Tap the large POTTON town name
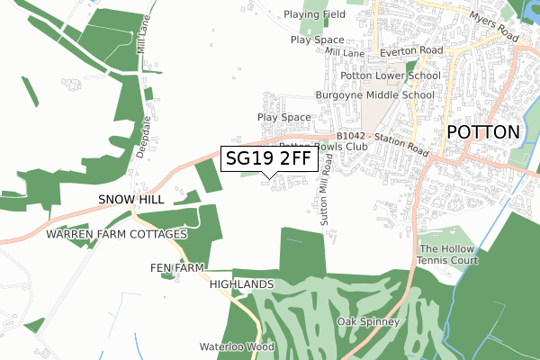(483, 131)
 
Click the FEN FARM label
(177, 268)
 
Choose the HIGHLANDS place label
(241, 283)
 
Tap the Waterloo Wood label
(236, 346)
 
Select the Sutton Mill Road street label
(326, 188)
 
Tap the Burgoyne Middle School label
(374, 94)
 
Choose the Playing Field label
(314, 14)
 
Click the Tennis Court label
(447, 261)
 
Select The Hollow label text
(440, 249)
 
